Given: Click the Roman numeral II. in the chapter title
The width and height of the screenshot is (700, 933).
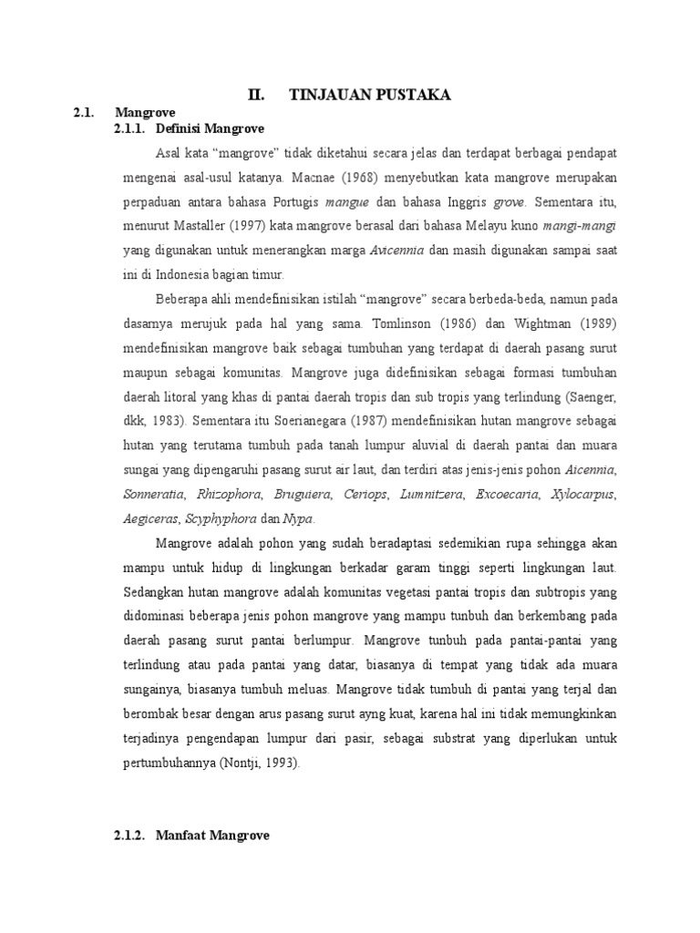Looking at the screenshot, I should click(257, 95).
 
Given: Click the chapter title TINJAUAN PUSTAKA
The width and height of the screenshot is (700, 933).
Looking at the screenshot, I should click(369, 95).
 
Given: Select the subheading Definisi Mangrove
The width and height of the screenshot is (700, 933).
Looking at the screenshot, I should click(210, 128).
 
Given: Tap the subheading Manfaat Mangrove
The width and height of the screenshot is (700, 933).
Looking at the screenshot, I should click(212, 835).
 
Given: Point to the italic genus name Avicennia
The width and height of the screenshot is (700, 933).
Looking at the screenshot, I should click(397, 250).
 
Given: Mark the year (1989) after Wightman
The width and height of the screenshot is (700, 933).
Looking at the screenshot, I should click(597, 323).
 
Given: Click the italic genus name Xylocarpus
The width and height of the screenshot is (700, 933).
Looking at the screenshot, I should click(583, 495).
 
